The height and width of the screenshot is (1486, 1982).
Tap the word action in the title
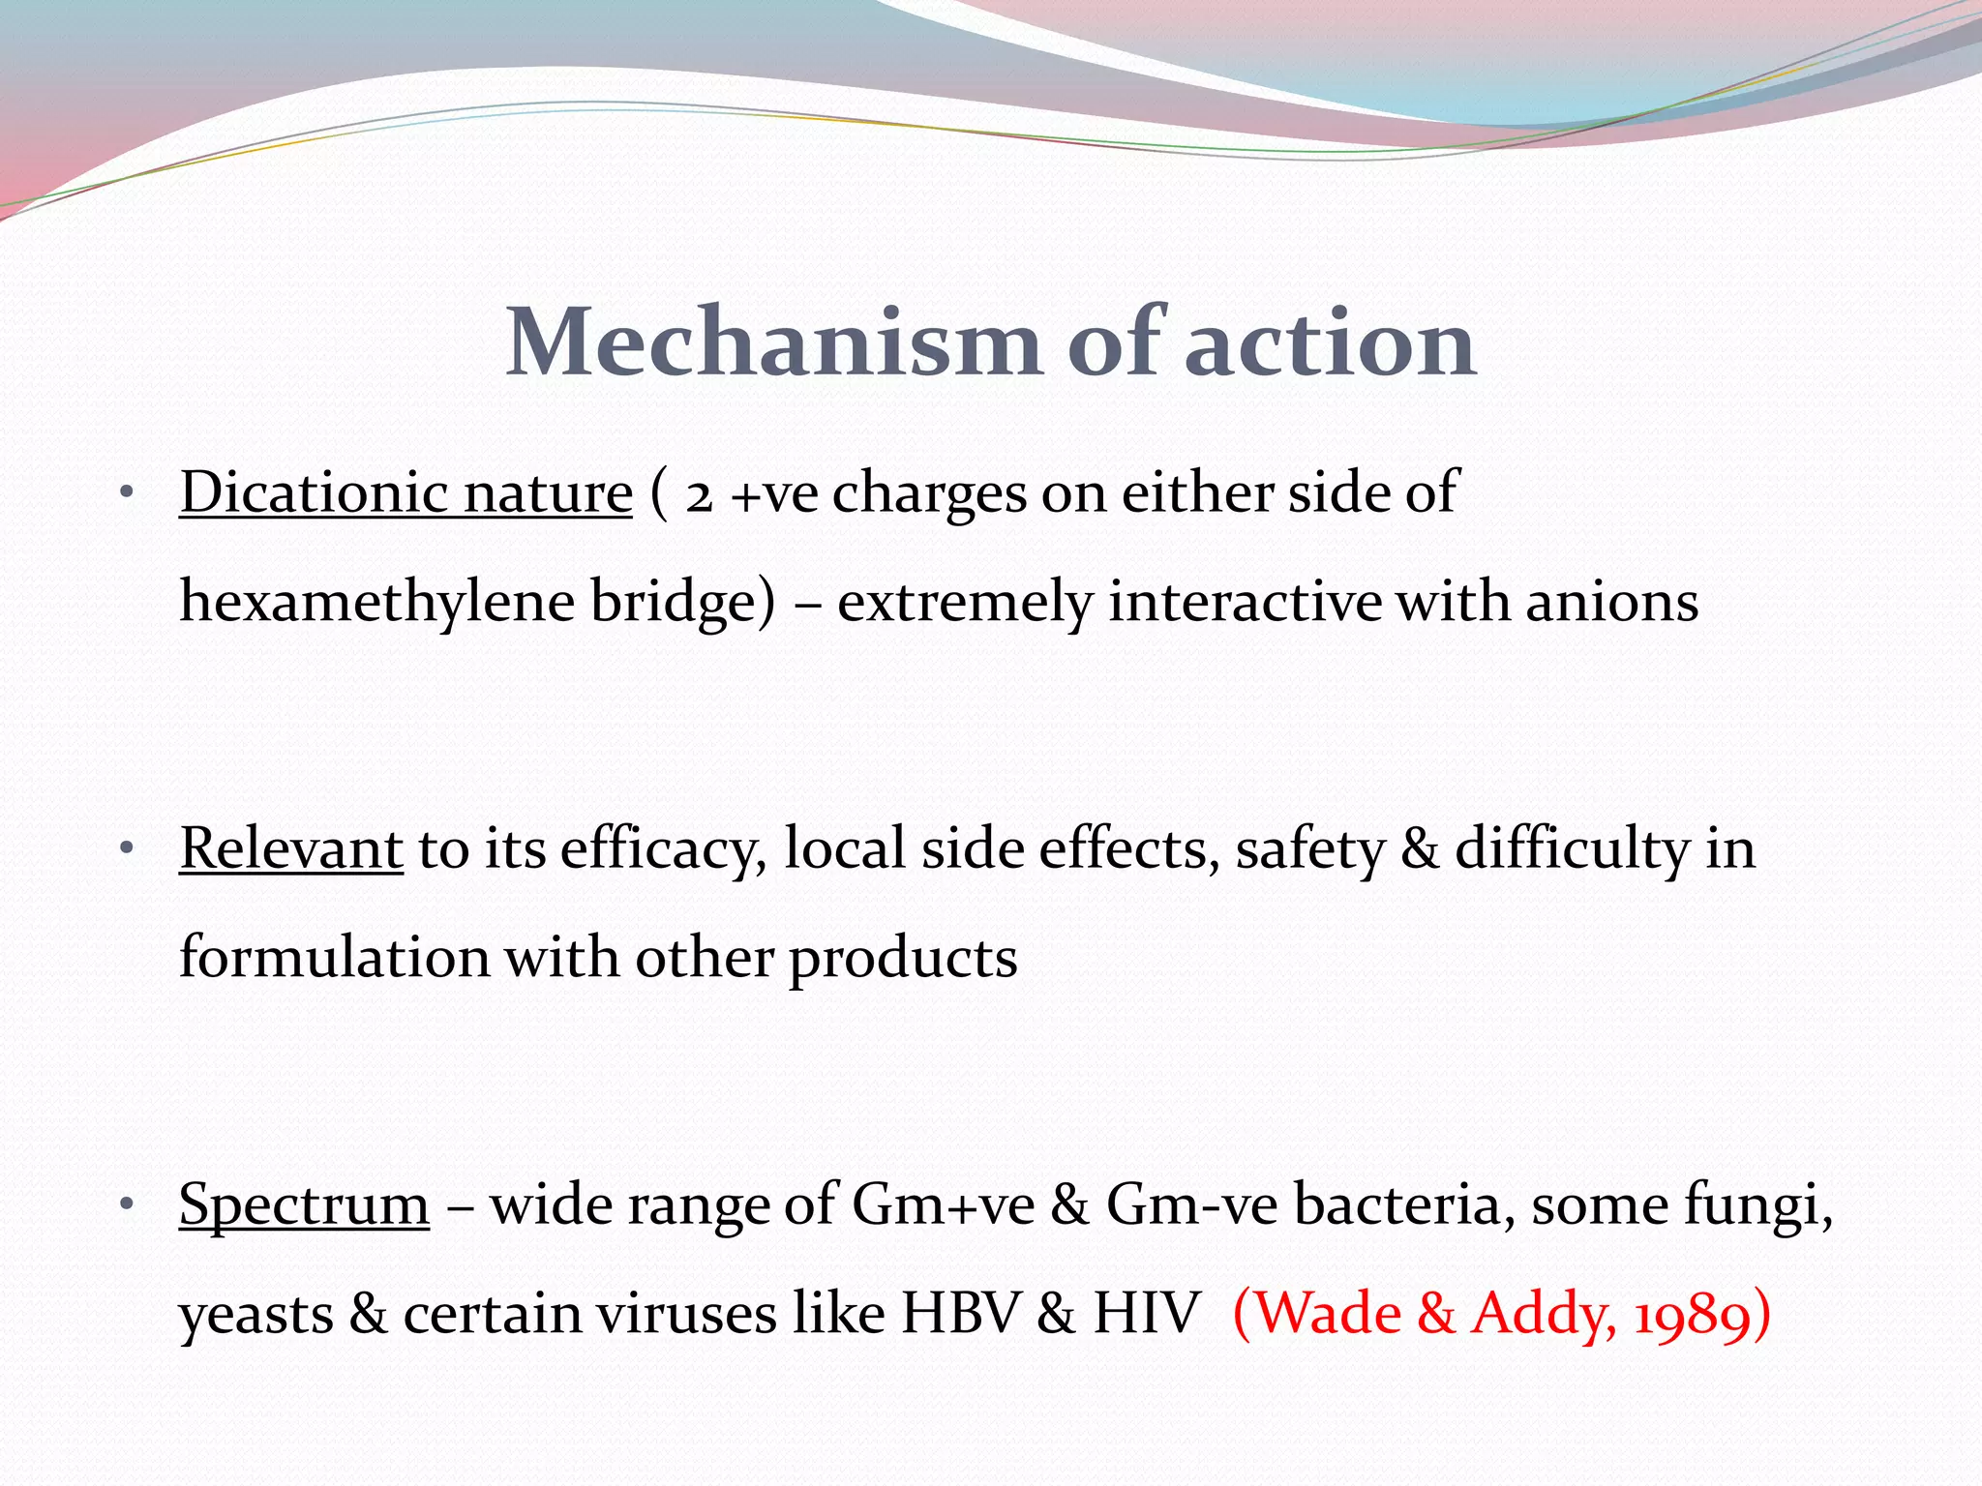1330,342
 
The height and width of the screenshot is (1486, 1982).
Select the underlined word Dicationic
314,493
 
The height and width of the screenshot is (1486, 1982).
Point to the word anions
1611,602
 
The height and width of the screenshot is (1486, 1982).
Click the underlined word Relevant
290,849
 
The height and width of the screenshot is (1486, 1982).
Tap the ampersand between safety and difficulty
1420,849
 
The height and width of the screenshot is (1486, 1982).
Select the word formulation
335,958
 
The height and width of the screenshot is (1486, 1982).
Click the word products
902,958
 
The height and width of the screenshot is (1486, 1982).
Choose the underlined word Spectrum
304,1205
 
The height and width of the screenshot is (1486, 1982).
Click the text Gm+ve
943,1205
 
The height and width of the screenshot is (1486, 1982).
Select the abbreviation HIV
1146,1314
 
